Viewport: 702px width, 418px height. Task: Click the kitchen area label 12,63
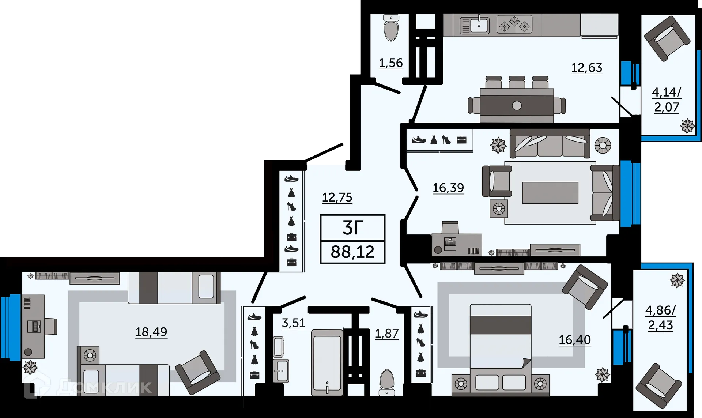586,68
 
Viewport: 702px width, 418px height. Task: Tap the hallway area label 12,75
337,197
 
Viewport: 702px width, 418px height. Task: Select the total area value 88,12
352,252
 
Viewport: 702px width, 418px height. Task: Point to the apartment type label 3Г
352,228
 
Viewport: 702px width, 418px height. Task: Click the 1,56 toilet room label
390,63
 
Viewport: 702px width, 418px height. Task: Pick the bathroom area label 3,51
293,323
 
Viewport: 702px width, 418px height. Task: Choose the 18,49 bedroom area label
151,332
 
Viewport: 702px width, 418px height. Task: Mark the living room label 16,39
448,188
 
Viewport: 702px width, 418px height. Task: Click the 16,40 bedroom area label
574,340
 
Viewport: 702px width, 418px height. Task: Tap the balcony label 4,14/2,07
666,99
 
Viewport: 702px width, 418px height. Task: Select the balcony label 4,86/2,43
660,317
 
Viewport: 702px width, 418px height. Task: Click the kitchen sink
475,25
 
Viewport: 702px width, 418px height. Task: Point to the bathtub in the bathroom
327,362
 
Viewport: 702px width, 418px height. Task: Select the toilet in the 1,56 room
391,28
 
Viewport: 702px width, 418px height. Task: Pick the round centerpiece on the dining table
517,106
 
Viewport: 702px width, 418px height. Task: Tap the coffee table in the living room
550,193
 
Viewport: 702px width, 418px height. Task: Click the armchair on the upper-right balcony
667,38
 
